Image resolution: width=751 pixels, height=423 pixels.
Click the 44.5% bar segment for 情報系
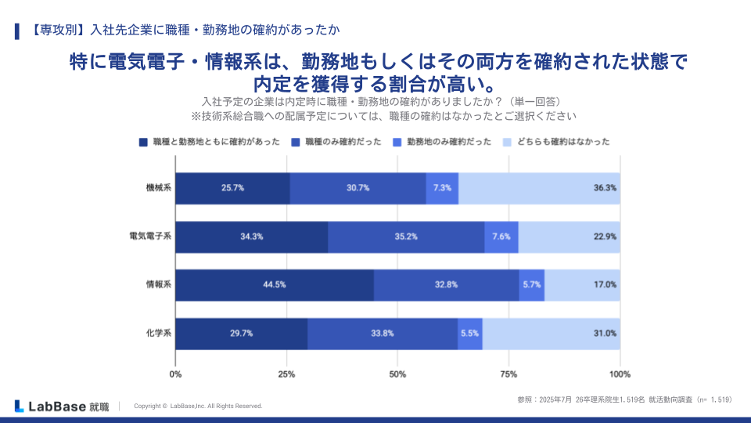(x=274, y=285)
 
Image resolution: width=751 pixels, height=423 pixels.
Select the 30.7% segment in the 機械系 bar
(x=358, y=188)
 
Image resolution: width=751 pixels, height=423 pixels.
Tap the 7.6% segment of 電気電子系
(x=501, y=237)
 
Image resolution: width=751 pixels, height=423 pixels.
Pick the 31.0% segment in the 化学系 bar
(x=551, y=334)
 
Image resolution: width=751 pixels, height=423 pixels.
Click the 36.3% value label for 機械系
(x=605, y=188)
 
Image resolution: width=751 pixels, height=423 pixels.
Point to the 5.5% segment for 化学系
(x=470, y=334)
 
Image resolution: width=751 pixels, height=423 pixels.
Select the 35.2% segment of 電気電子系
(x=406, y=237)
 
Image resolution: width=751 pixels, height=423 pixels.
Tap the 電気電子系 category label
(x=150, y=237)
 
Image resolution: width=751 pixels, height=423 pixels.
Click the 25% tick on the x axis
(x=286, y=373)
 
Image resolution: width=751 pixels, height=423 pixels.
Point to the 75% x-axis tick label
(x=508, y=373)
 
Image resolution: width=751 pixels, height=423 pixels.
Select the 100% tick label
(x=620, y=373)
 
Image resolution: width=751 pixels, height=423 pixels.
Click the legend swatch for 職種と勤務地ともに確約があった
(x=143, y=143)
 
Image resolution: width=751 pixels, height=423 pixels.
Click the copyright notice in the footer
(x=198, y=407)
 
